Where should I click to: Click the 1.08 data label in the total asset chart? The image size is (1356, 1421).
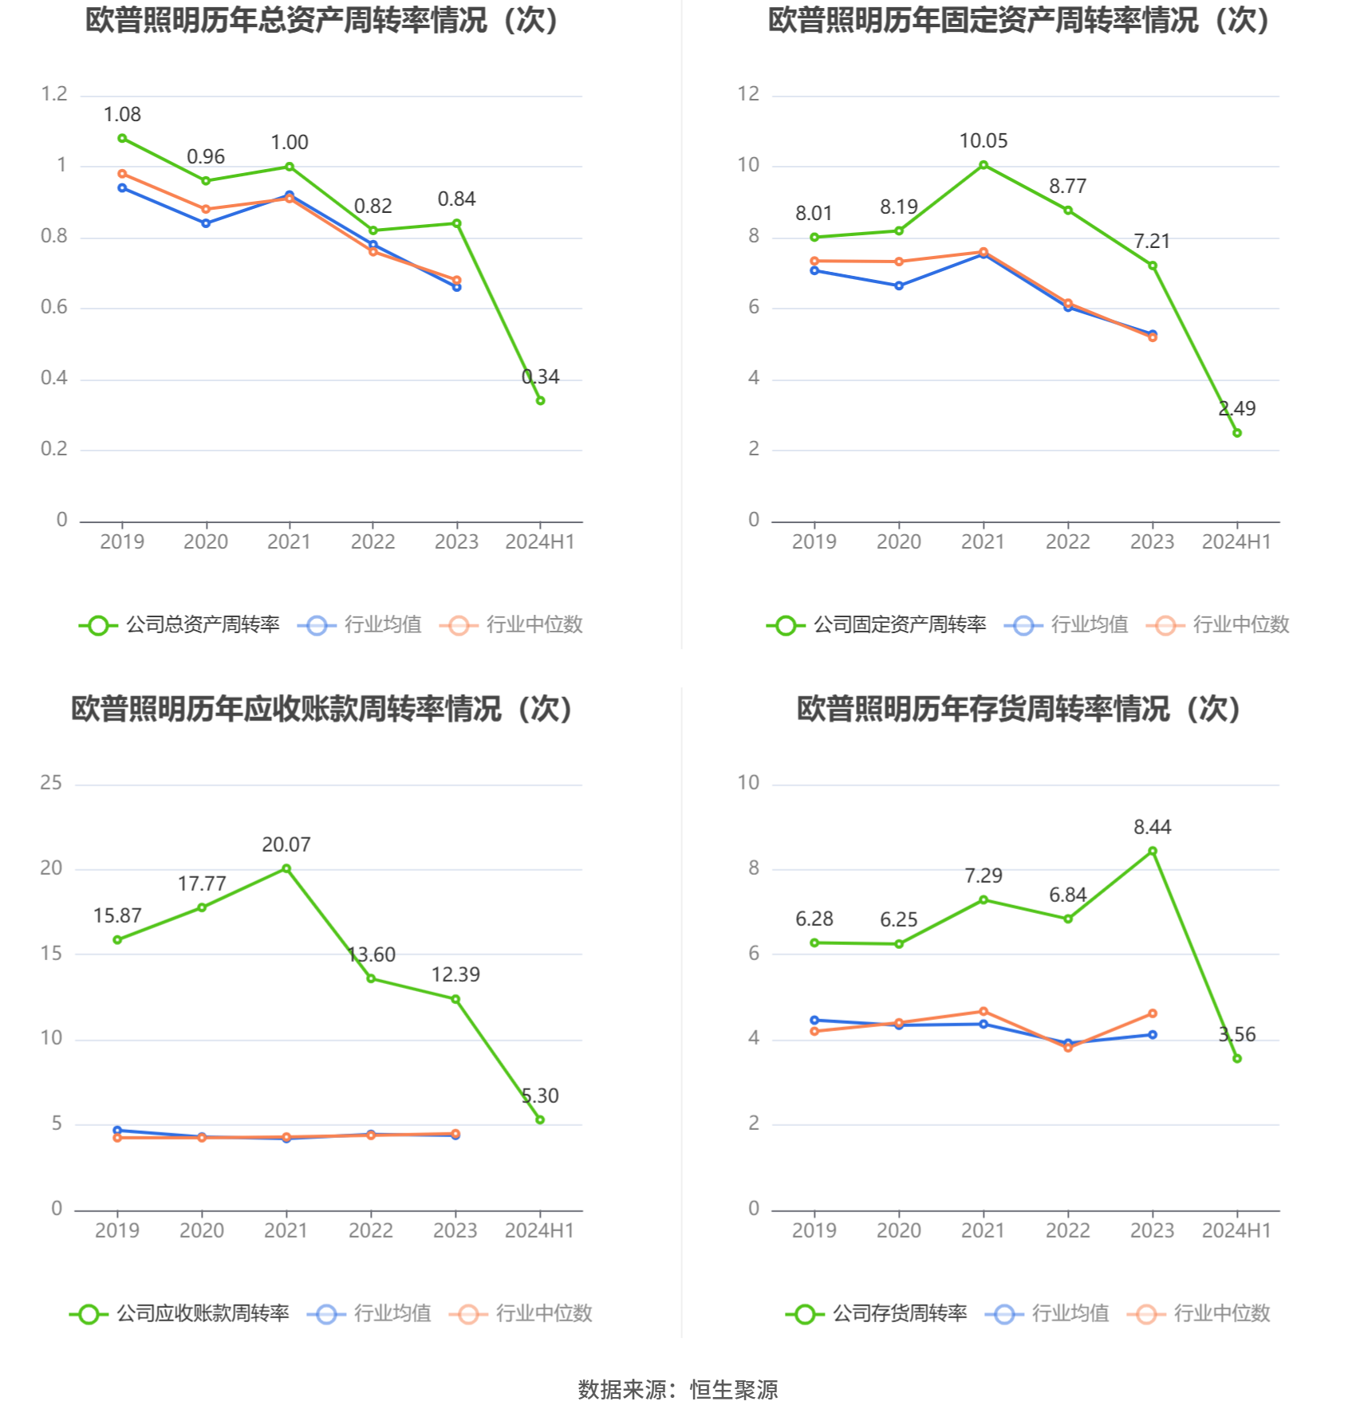click(x=122, y=115)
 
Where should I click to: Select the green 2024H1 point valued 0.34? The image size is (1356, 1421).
click(x=540, y=400)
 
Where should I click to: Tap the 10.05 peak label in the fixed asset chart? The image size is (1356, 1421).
click(x=983, y=141)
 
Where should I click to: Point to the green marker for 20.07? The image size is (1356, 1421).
click(x=286, y=868)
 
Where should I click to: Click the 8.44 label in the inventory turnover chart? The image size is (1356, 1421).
click(x=1152, y=827)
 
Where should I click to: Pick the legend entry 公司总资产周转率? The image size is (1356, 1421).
click(x=179, y=625)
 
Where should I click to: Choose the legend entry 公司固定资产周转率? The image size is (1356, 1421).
click(x=877, y=625)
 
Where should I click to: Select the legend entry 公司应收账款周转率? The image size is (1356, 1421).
click(x=179, y=1313)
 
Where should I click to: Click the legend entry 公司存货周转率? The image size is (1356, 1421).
click(x=877, y=1313)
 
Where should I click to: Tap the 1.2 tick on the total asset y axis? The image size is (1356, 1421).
click(x=54, y=94)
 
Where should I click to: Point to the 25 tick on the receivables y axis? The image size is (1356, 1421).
click(x=51, y=783)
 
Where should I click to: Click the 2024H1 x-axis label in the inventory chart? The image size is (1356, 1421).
click(x=1236, y=1230)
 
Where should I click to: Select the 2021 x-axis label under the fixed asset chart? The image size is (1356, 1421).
click(x=983, y=542)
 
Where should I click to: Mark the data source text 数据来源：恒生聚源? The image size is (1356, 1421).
click(x=678, y=1390)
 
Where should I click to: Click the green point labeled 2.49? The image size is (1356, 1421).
click(x=1237, y=433)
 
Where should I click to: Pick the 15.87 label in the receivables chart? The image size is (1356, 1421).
click(x=117, y=915)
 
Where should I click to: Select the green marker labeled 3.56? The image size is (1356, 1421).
click(x=1237, y=1059)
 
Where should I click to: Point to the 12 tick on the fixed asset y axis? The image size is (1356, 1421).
click(x=748, y=94)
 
